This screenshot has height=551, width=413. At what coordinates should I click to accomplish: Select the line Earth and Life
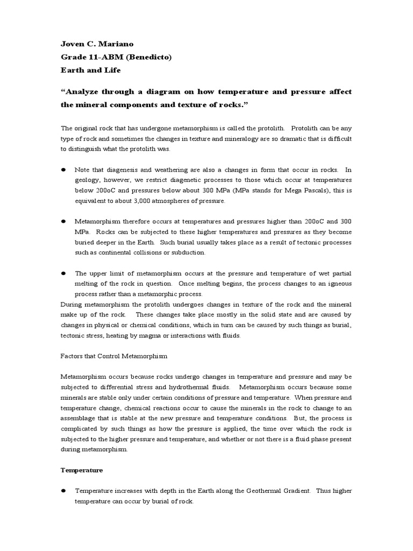90,70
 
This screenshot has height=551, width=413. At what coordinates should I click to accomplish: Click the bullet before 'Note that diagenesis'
63,168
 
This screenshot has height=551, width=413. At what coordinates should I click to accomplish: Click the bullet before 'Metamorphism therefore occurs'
63,221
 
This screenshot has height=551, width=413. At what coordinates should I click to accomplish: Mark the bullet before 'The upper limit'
63,273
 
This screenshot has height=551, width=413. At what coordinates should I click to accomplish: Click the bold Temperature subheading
81,470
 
